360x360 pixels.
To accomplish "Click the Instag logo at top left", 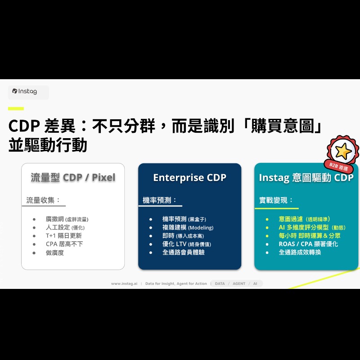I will coord(25,91).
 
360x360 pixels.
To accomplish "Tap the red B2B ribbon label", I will coord(338,166).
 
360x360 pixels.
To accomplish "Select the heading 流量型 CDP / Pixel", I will coord(73,177).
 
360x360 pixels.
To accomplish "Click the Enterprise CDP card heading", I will coord(189,177).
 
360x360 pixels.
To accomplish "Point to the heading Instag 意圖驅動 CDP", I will coord(306,177).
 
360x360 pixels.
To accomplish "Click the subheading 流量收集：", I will coord(43,200).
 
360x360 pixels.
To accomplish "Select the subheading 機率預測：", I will coord(160,200).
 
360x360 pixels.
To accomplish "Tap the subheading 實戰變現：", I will coord(276,200).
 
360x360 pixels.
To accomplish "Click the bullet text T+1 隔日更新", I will coord(64,236).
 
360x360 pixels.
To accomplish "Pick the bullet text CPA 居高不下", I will coord(64,244).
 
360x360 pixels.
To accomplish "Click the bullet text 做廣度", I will coord(55,253).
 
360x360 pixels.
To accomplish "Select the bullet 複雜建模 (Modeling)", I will coord(188,228).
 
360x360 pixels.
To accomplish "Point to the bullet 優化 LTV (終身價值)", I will coord(186,244).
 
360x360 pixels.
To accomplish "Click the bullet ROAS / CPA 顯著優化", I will coord(308,244).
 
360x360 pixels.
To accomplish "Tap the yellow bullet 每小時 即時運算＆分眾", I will coord(309,236).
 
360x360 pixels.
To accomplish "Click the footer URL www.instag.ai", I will coord(124,284).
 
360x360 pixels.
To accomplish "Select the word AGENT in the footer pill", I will coord(239,284).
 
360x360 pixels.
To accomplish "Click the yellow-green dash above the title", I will coord(16,108).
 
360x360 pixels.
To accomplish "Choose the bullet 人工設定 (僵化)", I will coord(65,228).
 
